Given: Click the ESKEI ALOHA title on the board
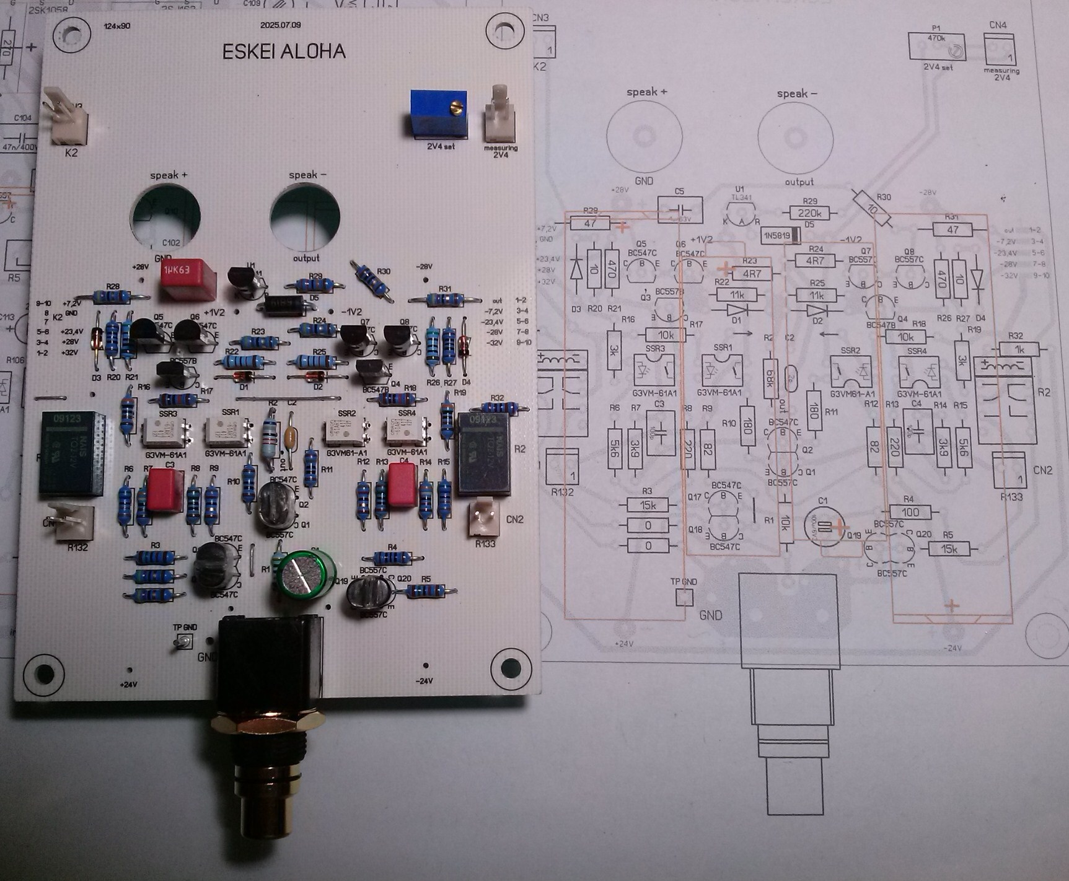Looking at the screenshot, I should pyautogui.click(x=284, y=51).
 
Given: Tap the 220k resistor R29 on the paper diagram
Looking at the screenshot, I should pyautogui.click(x=809, y=213).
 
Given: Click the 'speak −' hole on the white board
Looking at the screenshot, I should pyautogui.click(x=305, y=216).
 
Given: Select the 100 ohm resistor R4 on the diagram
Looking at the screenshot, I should pyautogui.click(x=910, y=512).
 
